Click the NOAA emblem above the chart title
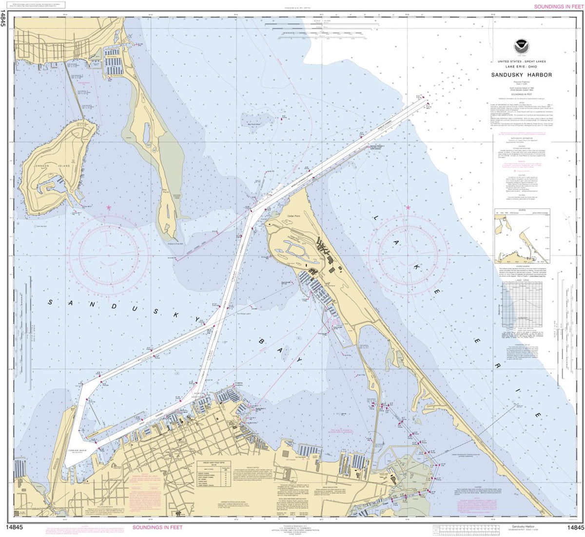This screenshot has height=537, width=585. [522, 47]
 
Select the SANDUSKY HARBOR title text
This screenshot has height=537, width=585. [522, 75]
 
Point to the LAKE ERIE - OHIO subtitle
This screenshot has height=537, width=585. [522, 66]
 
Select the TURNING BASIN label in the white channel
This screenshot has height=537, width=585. [77, 451]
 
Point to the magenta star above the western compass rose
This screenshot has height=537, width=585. [108, 208]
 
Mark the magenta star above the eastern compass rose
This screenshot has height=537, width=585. [408, 208]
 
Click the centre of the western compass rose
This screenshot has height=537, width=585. [108, 253]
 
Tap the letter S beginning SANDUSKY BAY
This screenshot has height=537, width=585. [49, 302]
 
